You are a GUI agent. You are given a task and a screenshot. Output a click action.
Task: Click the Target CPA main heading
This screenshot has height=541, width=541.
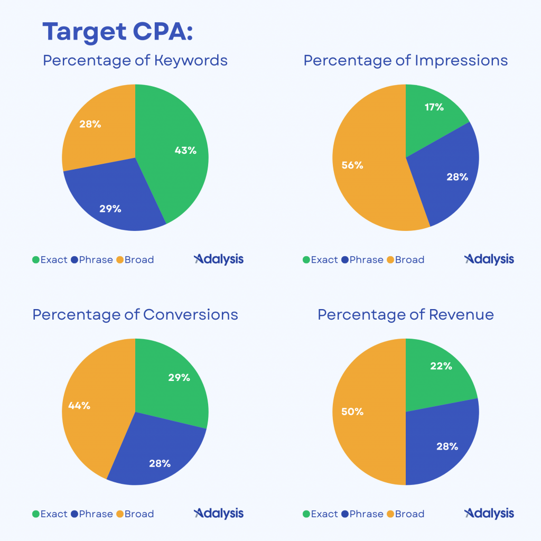(x=117, y=33)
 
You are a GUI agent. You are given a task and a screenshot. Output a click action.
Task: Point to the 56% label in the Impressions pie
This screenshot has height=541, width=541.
(x=352, y=165)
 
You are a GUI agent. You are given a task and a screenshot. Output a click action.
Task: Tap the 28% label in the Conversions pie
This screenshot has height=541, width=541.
(x=160, y=463)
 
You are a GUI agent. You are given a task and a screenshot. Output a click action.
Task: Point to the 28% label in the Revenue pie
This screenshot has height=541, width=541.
(x=447, y=446)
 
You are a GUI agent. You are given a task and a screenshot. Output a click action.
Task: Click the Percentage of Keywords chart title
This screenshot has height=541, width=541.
(x=135, y=60)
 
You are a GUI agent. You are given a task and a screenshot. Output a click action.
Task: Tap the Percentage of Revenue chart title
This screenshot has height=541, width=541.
(x=406, y=315)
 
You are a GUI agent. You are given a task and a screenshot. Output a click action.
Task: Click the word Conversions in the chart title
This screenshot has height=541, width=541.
(x=191, y=315)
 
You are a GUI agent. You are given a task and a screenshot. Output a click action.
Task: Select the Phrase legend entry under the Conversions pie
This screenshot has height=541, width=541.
(x=96, y=514)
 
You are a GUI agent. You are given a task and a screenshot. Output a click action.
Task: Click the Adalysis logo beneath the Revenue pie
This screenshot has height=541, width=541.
(x=489, y=513)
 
